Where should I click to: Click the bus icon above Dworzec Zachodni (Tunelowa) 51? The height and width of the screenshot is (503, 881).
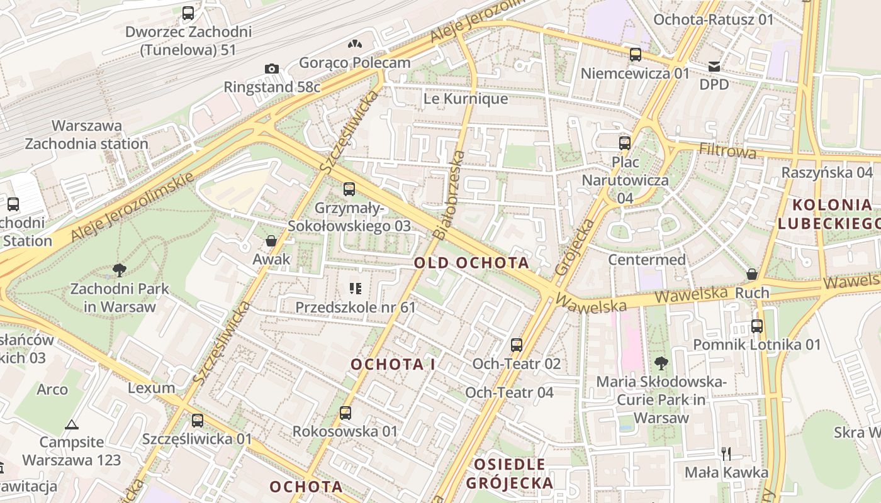click(188, 13)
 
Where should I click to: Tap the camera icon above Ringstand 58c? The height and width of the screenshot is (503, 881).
click(271, 69)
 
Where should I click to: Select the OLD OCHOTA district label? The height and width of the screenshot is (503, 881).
click(471, 263)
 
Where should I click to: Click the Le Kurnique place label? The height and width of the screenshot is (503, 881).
click(466, 99)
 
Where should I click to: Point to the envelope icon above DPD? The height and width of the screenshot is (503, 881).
click(714, 66)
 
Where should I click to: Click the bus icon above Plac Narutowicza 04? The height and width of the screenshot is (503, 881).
click(624, 143)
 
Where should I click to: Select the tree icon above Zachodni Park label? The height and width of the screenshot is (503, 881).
click(119, 271)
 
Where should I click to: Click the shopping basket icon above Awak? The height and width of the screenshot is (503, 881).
click(271, 241)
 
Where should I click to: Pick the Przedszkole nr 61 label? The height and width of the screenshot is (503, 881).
click(356, 307)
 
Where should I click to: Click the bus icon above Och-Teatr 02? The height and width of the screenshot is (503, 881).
click(516, 345)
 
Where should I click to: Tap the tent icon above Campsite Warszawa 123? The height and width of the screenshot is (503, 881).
click(72, 424)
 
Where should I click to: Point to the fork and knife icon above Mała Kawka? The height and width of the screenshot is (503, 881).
click(726, 453)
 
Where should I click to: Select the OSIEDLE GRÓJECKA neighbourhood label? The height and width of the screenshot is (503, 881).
click(510, 473)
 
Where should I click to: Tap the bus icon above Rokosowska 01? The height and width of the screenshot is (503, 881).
click(345, 413)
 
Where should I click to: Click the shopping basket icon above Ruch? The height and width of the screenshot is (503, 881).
click(751, 274)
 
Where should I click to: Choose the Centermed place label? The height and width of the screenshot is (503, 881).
click(647, 260)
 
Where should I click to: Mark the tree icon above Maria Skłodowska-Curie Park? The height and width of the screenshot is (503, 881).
click(661, 363)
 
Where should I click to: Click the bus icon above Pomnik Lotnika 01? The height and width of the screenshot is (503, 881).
click(756, 326)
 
